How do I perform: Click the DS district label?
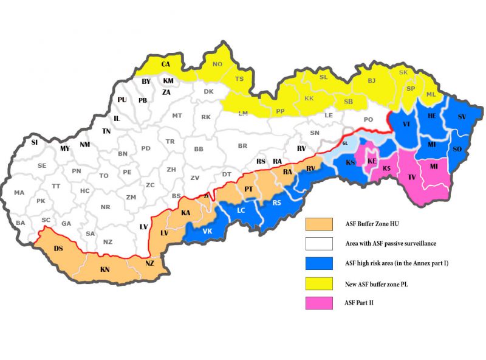pyautogui.click(x=58, y=249)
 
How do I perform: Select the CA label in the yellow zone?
pyautogui.click(x=166, y=64)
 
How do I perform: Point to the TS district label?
pyautogui.click(x=239, y=79)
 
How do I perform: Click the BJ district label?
pyautogui.click(x=372, y=80)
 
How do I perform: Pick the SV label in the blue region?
pyautogui.click(x=462, y=116)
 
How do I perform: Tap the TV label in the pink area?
pyautogui.click(x=411, y=178)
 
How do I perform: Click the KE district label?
pyautogui.click(x=372, y=161)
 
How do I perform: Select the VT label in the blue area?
pyautogui.click(x=406, y=123)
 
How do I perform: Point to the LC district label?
pyautogui.click(x=241, y=210)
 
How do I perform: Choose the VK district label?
pyautogui.click(x=207, y=231)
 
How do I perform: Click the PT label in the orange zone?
pyautogui.click(x=248, y=190)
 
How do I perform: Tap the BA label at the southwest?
pyautogui.click(x=21, y=223)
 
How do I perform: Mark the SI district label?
pyautogui.click(x=35, y=142)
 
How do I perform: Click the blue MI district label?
pyautogui.click(x=431, y=144)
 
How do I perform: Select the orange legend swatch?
pyautogui.click(x=319, y=224)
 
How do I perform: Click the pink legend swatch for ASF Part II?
pyautogui.click(x=319, y=302)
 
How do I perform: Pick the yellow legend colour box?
pyautogui.click(x=319, y=283)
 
